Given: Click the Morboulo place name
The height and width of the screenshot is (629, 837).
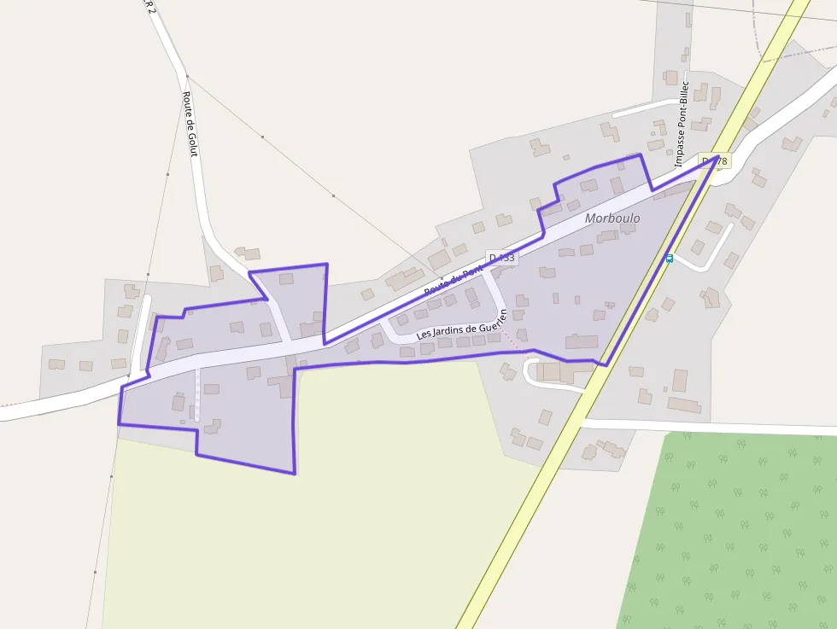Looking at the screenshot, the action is point(612,218).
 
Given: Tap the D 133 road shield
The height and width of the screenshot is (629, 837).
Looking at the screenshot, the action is point(502,257).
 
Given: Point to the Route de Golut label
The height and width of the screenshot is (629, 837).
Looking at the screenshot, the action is point(190,125).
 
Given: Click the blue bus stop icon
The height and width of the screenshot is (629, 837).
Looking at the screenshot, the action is point(670,258).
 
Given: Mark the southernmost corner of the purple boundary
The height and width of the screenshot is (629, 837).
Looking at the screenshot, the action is point(295,474).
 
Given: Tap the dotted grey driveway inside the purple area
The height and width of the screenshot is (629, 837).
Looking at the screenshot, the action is point(197,394).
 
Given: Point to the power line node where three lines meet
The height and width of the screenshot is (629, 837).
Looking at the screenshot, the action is point(187,76).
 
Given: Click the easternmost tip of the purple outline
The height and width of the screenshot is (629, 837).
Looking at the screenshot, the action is point(717,157).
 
